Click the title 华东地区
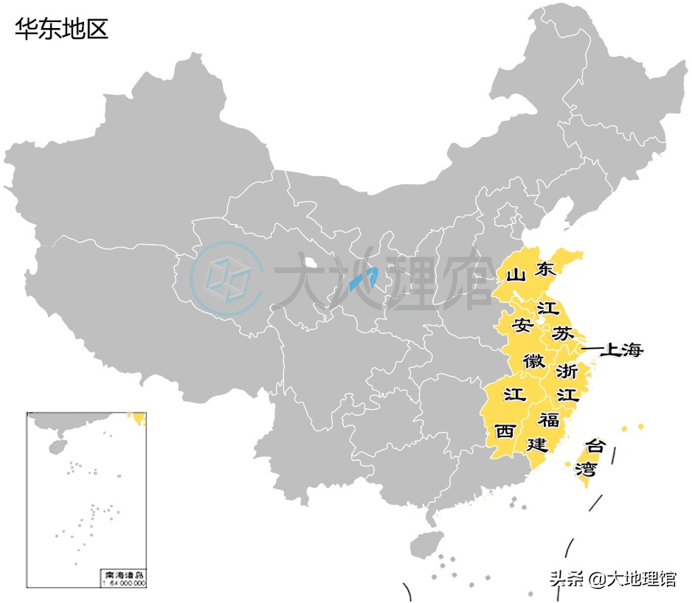(62, 29)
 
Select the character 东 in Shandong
(546, 269)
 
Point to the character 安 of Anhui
(522, 324)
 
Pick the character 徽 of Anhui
(534, 361)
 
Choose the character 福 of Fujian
(548, 420)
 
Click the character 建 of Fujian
(536, 445)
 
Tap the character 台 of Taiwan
(595, 446)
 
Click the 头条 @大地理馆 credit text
(612, 579)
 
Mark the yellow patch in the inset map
(137, 419)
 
